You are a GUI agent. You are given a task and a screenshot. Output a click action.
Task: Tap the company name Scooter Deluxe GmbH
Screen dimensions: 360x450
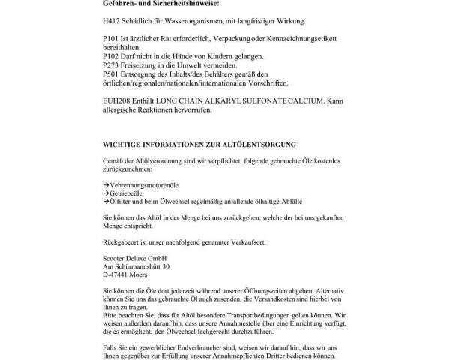point(135,257)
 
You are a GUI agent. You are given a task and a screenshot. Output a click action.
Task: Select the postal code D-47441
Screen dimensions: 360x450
point(117,275)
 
